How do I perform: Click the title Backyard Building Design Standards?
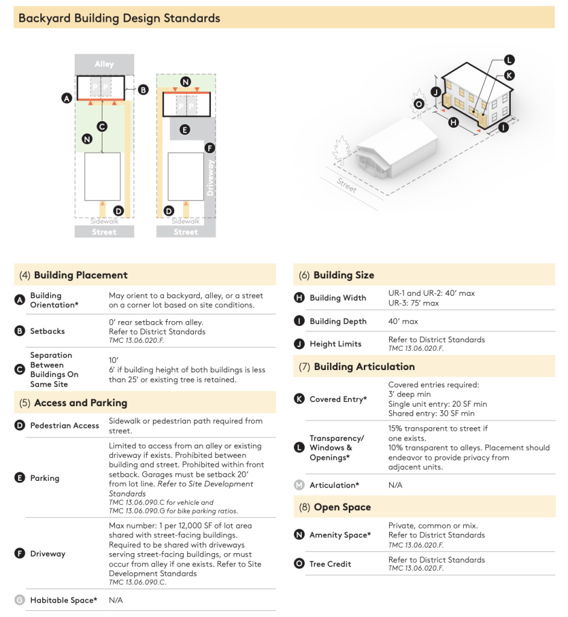[x=119, y=18]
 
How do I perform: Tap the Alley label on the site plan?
[x=104, y=64]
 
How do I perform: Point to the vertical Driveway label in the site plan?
[x=210, y=178]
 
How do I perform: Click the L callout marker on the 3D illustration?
[x=509, y=60]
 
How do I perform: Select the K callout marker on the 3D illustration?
[x=509, y=75]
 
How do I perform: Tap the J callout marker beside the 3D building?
[x=435, y=92]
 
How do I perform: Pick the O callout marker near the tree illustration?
[x=419, y=104]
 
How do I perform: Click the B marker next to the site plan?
[x=143, y=90]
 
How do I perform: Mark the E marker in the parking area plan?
[x=184, y=129]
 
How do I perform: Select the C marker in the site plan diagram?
[x=102, y=126]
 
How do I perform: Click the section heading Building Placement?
[x=81, y=275]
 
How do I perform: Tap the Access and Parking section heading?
[x=80, y=402]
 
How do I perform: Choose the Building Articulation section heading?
[x=364, y=366]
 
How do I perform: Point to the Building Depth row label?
[x=338, y=321]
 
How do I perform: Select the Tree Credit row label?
[x=330, y=564]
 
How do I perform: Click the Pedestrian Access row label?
[x=64, y=425]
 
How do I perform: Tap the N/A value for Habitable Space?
[x=116, y=600]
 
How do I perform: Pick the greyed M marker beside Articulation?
[x=299, y=485]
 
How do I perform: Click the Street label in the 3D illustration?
[x=347, y=186]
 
